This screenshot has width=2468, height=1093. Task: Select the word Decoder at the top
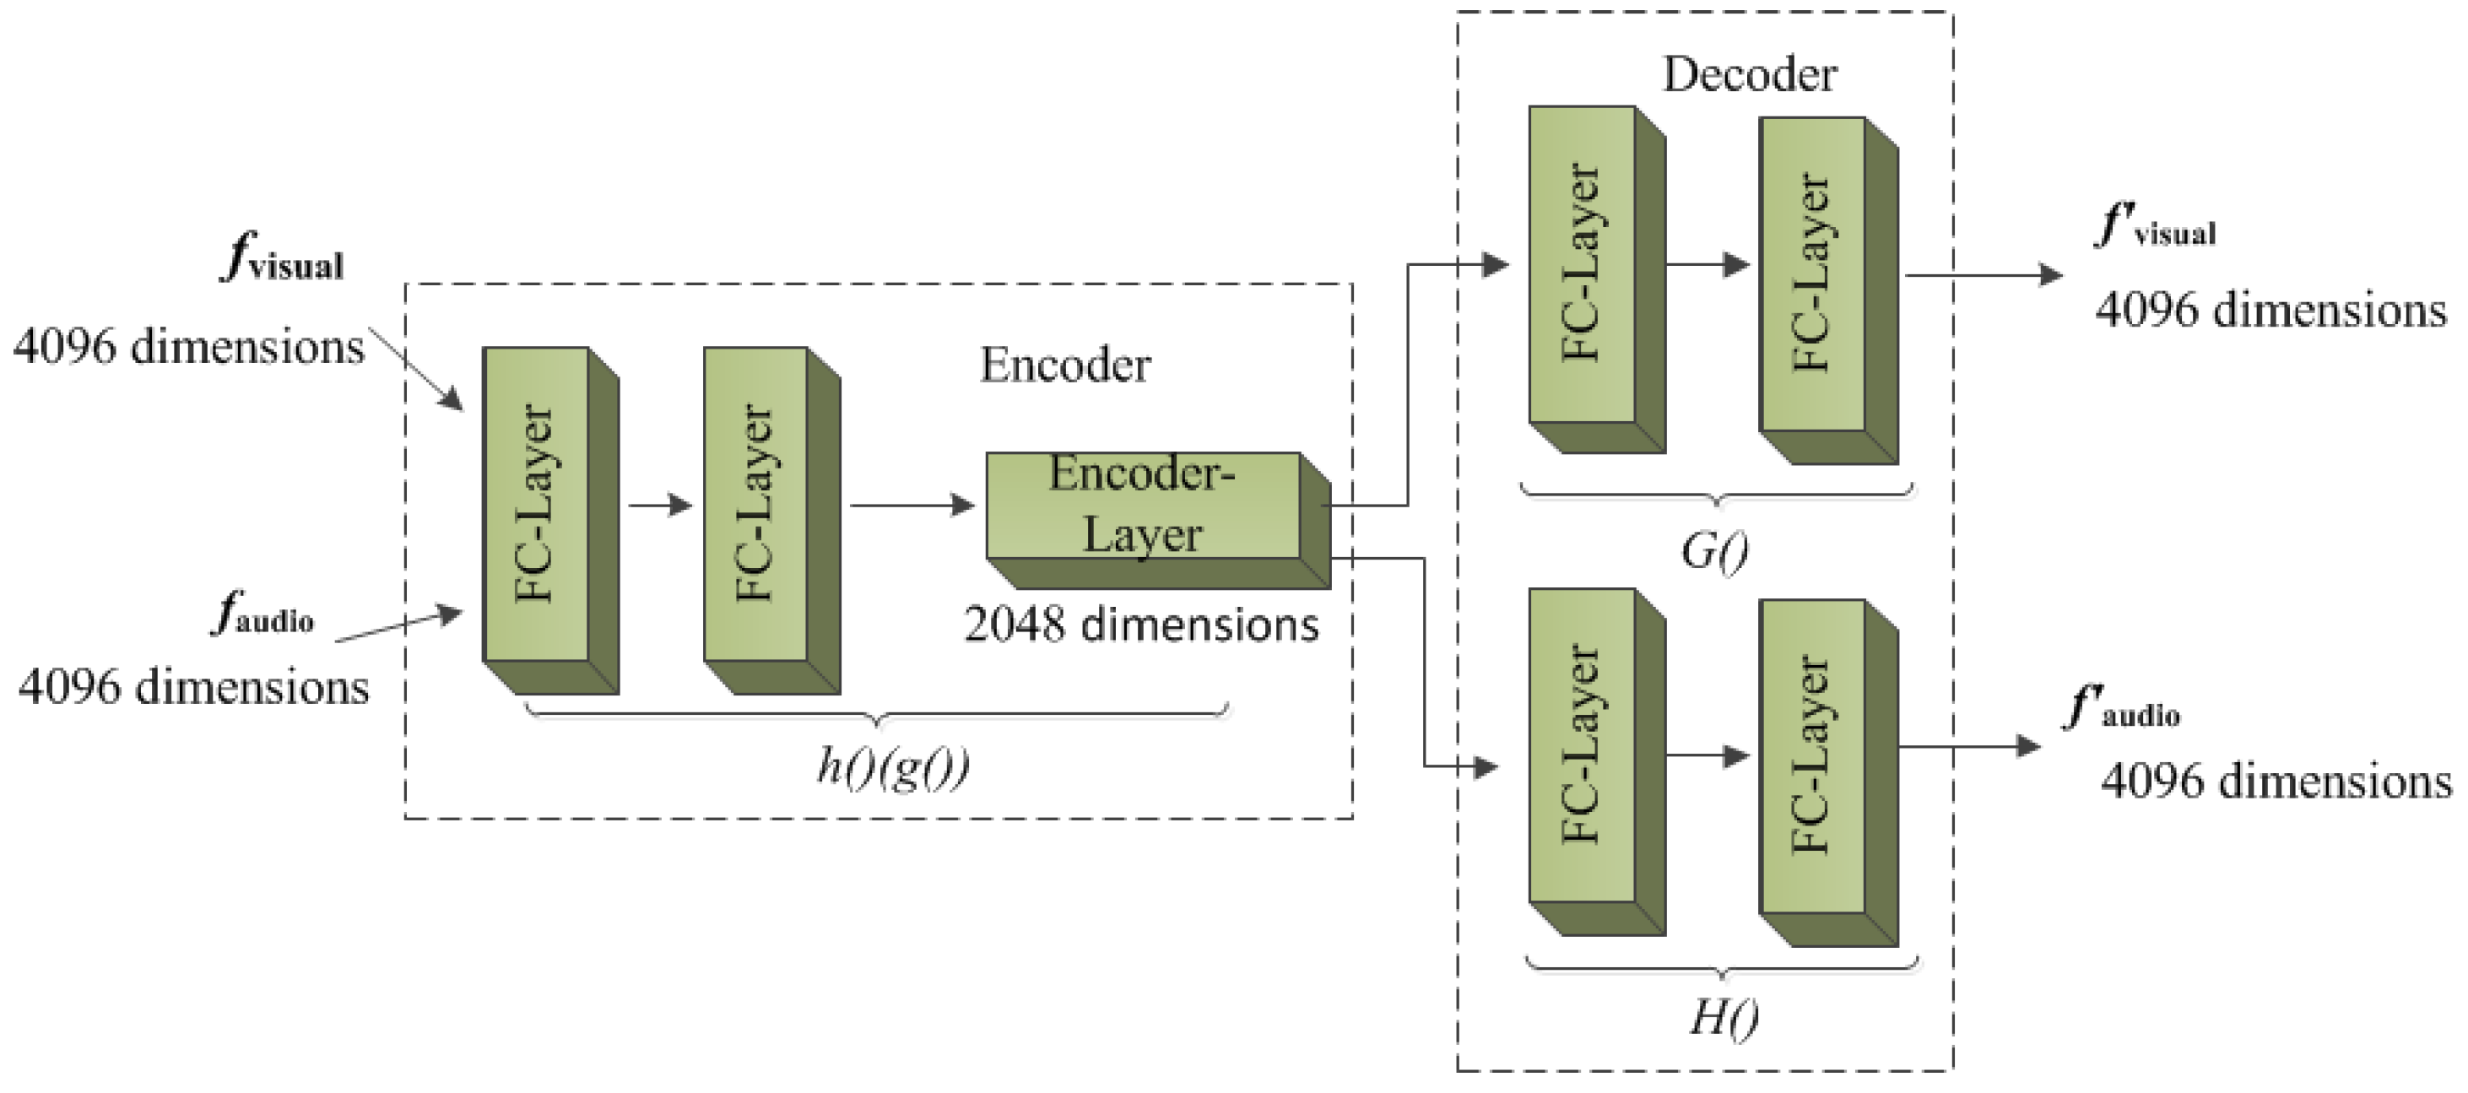(x=1749, y=75)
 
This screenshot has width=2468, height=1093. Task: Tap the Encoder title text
(x=1064, y=365)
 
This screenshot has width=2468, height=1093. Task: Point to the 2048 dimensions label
(x=1141, y=625)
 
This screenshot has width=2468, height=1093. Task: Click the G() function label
(x=1714, y=551)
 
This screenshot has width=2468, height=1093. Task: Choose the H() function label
(x=1723, y=1017)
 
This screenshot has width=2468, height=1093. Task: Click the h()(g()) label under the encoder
(x=893, y=766)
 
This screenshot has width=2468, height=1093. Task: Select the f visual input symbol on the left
(x=283, y=261)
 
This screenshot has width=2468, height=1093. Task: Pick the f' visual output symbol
(x=2155, y=228)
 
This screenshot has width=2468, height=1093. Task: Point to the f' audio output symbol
(x=2121, y=710)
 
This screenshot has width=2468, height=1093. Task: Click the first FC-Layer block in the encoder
(x=536, y=505)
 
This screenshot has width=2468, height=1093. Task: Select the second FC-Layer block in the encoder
(x=756, y=505)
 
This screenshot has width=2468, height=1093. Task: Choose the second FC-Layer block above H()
(x=1811, y=757)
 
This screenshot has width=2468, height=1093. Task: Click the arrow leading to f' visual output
(x=1983, y=275)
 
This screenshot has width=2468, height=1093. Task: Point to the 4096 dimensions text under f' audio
(x=2276, y=782)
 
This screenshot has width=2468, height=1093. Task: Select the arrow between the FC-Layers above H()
(x=1708, y=755)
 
